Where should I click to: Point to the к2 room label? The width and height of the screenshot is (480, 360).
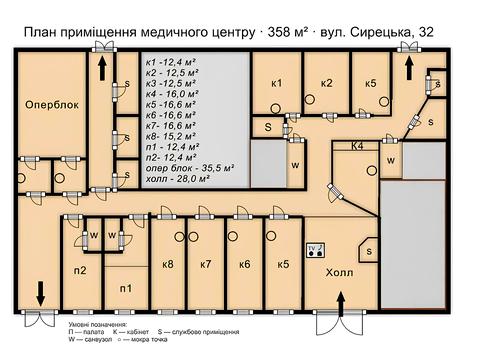click(325, 82)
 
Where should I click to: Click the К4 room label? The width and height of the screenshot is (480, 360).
click(357, 147)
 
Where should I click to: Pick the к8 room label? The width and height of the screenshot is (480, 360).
click(167, 264)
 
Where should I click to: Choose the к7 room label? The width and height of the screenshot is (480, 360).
click(205, 264)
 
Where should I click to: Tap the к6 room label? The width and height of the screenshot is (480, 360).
click(243, 264)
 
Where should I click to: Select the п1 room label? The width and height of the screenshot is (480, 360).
click(126, 288)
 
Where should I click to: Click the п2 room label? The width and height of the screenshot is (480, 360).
click(79, 270)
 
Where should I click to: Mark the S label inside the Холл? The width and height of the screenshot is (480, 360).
click(368, 251)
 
